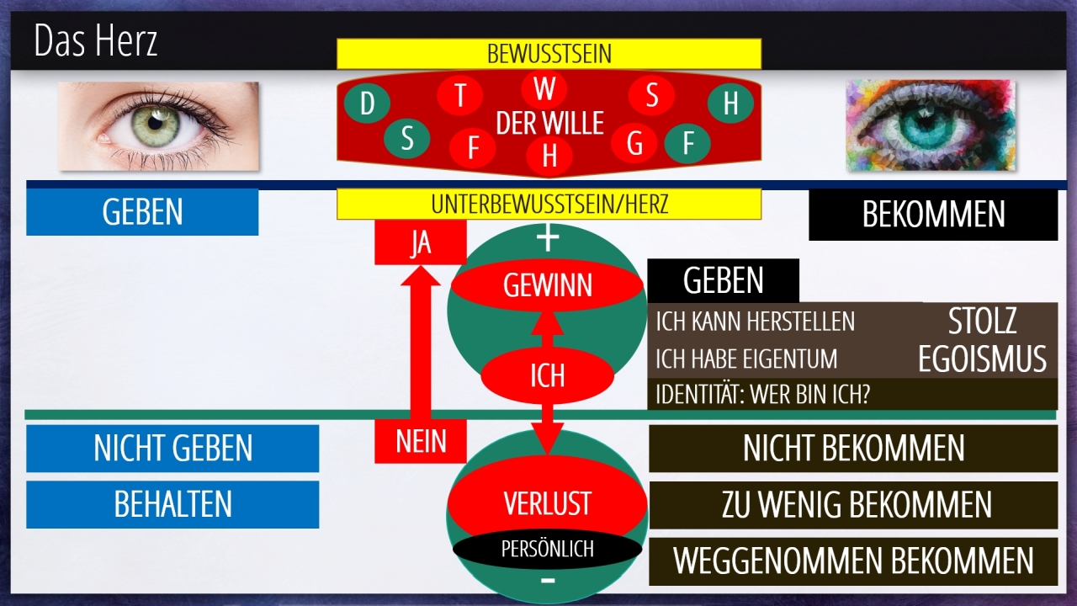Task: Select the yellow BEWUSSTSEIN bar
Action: click(549, 54)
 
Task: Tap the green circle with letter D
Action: click(367, 104)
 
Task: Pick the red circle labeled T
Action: click(460, 95)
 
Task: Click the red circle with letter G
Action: click(635, 144)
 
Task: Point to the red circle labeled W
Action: click(544, 88)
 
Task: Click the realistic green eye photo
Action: click(158, 125)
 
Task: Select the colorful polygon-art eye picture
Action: click(930, 125)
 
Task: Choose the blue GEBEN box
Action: click(142, 212)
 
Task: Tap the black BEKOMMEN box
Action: click(932, 215)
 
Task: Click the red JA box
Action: click(420, 242)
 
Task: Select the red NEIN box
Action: click(420, 441)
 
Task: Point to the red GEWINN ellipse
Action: click(547, 286)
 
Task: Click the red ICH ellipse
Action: click(547, 375)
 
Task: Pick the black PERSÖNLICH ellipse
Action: click(547, 549)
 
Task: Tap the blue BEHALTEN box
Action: click(172, 504)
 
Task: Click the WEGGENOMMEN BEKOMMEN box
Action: click(853, 561)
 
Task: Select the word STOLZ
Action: click(982, 321)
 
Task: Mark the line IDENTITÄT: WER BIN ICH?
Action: click(762, 394)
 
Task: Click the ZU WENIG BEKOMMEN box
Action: click(853, 505)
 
